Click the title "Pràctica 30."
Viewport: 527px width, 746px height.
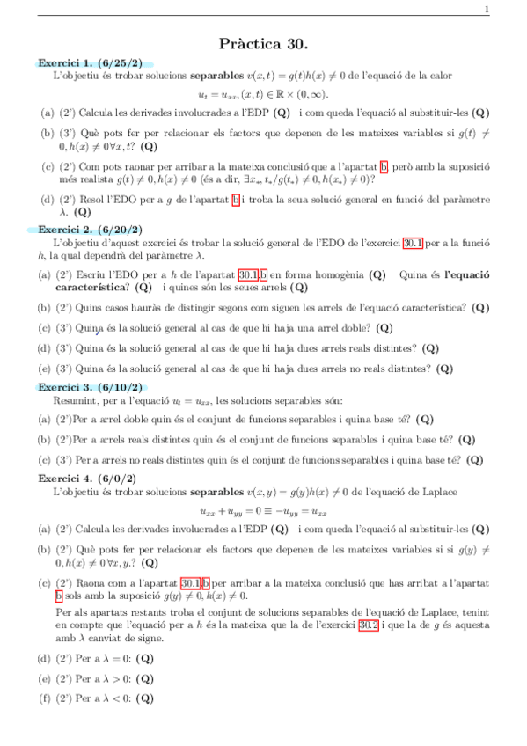263,43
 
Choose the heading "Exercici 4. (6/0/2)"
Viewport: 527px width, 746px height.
87,476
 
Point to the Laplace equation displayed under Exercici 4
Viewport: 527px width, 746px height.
263,511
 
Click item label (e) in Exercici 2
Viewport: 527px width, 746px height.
44,369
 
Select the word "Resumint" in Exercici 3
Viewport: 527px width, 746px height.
74,399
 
